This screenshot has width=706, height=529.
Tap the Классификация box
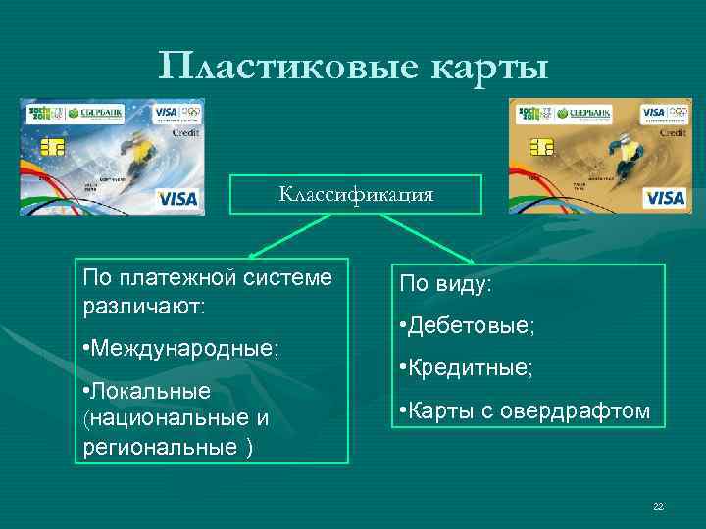click(x=356, y=194)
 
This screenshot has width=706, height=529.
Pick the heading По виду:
click(x=446, y=284)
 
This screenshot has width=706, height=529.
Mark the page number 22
click(x=658, y=506)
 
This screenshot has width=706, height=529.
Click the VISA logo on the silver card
click(x=177, y=199)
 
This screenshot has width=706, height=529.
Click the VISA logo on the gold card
click(x=666, y=199)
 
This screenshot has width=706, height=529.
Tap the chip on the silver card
click(x=53, y=150)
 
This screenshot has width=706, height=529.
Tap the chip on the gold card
click(x=539, y=150)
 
